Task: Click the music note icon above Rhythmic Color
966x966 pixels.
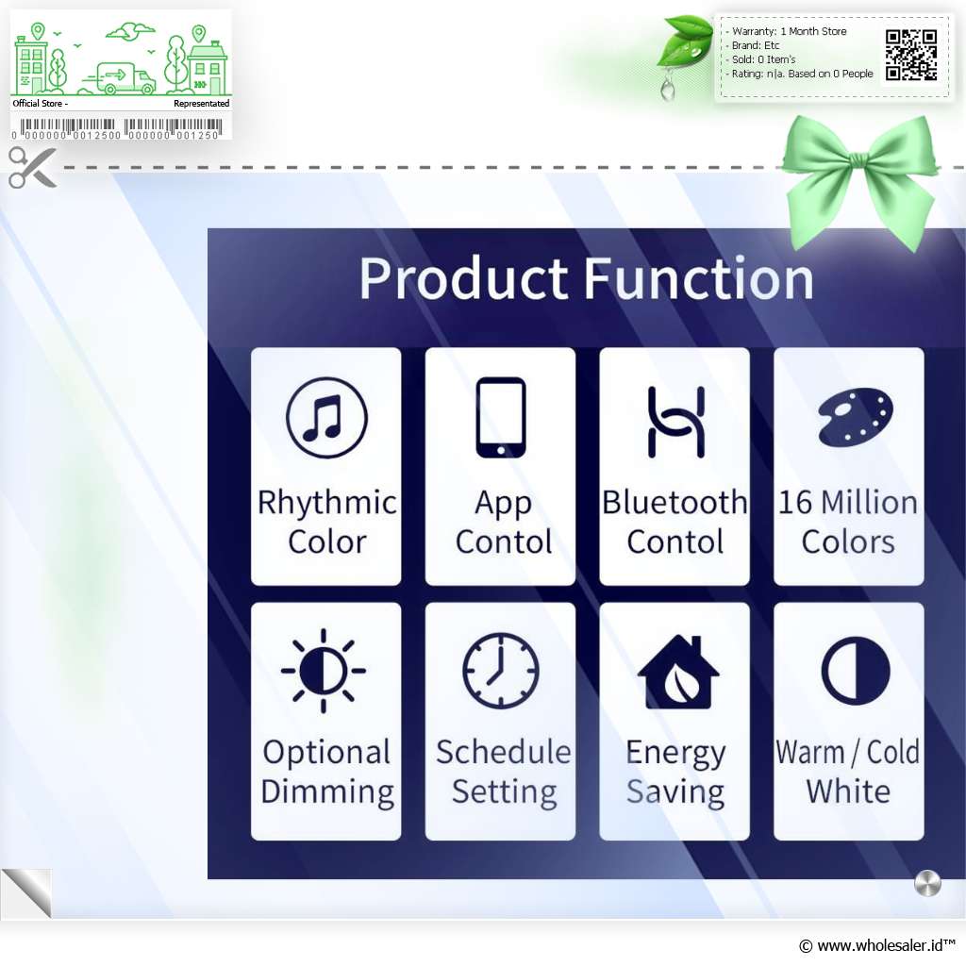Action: click(x=326, y=417)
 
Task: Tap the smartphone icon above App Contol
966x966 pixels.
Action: click(x=501, y=417)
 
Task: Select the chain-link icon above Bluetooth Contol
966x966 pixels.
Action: click(x=675, y=422)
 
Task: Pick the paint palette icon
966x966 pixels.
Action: click(x=855, y=416)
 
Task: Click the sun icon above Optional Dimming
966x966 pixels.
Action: click(x=324, y=671)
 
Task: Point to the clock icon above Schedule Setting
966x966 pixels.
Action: click(x=501, y=671)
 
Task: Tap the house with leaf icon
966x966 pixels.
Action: click(x=677, y=672)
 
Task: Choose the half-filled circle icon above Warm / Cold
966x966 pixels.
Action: click(x=855, y=671)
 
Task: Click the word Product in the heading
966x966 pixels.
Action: click(x=463, y=278)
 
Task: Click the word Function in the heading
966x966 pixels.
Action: click(x=698, y=278)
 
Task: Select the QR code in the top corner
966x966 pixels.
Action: click(x=911, y=56)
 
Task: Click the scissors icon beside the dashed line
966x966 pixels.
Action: click(x=32, y=168)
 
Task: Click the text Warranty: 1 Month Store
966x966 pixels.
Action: click(x=789, y=31)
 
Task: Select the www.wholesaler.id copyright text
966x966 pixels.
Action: click(x=876, y=945)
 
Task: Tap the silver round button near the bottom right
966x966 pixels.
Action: click(x=927, y=883)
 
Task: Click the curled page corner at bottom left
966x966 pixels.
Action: click(x=27, y=892)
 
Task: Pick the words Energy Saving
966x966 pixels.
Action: click(x=675, y=772)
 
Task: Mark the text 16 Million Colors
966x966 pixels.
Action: click(x=848, y=522)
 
